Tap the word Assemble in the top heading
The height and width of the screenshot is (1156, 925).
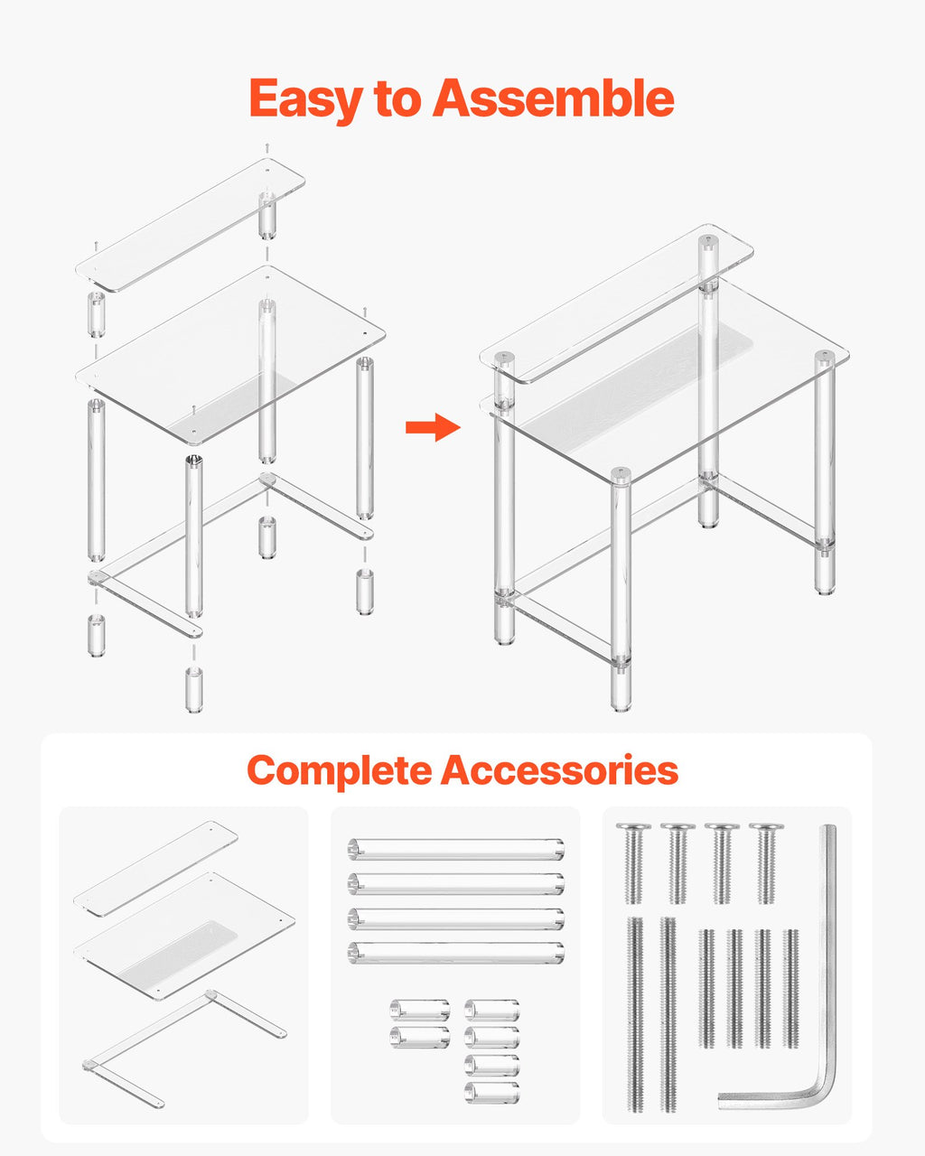(x=553, y=98)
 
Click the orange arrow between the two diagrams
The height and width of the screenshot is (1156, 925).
(x=433, y=427)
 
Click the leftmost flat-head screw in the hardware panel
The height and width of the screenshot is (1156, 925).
(x=634, y=862)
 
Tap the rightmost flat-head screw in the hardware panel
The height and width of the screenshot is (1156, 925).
(x=766, y=862)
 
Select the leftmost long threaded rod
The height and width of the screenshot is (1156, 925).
(x=635, y=1013)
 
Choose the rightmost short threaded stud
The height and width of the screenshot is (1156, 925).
(x=790, y=988)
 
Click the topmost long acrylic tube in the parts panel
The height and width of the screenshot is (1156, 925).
(x=456, y=849)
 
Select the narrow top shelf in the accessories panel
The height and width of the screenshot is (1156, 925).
(x=156, y=869)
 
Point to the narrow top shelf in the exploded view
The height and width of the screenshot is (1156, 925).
(x=191, y=225)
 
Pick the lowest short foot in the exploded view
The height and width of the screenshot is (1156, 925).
(x=194, y=690)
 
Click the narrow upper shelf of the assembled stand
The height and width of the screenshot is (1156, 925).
(x=616, y=303)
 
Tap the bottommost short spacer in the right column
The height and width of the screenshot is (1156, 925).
(x=491, y=1093)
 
